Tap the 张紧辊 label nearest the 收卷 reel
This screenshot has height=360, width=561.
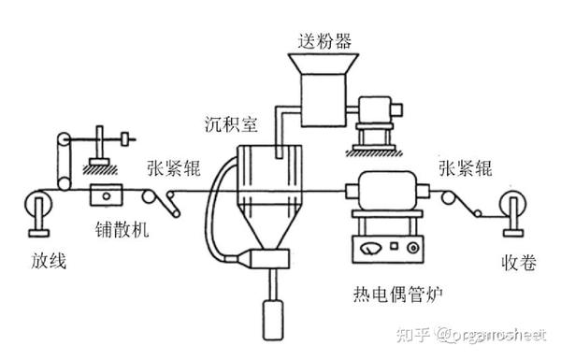click(x=465, y=170)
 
